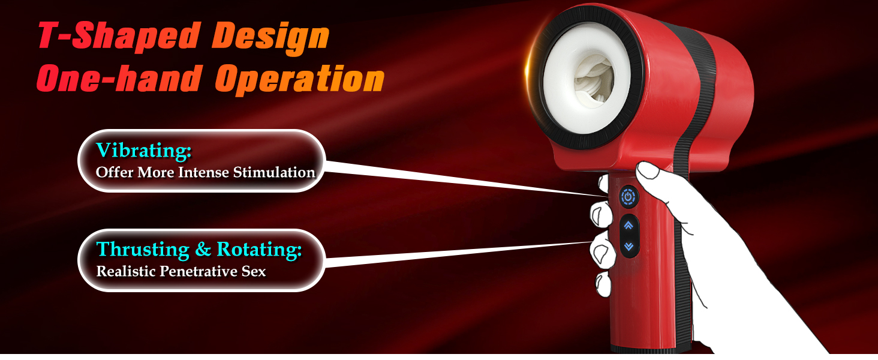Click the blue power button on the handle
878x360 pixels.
pos(629,197)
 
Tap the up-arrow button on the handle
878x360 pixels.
pos(629,226)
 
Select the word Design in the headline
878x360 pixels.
pos(270,37)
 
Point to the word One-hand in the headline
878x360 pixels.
pos(119,79)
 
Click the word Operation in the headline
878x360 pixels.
pos(300,80)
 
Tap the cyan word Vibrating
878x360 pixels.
pos(143,150)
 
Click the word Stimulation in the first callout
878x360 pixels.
pos(274,172)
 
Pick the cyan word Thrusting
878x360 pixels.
pos(143,250)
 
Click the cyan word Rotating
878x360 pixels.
pos(259,250)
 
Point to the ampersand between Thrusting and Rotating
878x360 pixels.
pos(203,250)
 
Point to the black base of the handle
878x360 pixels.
pos(651,349)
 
